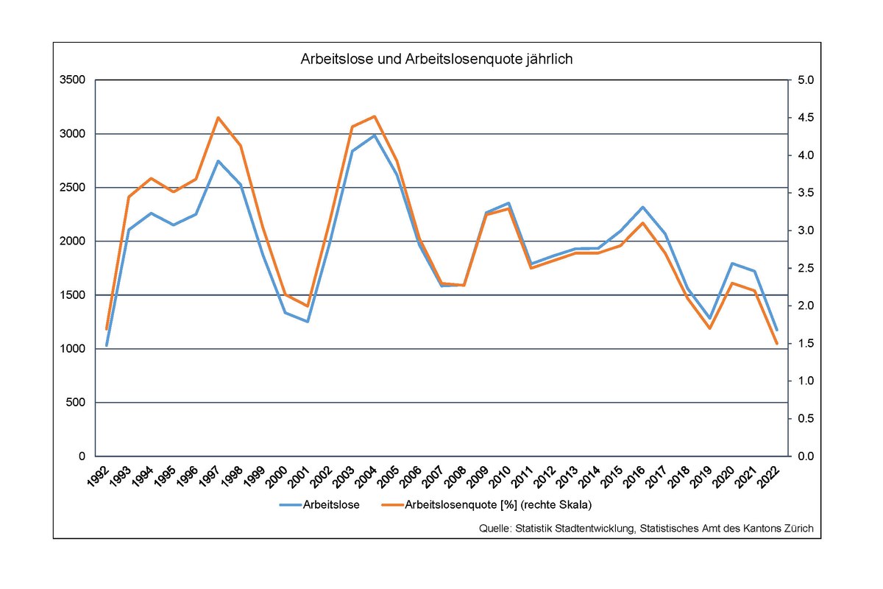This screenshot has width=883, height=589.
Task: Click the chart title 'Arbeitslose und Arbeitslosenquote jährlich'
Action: coord(436,60)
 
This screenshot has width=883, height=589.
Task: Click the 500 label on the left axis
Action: coord(76,403)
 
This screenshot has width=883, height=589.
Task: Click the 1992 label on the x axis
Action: coord(101,472)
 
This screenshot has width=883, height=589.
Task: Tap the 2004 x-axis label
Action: coord(369,472)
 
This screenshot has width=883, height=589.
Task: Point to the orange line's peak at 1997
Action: coord(219,118)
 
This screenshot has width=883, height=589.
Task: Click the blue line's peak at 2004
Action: coord(375,135)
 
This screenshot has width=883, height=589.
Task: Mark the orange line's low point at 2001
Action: coord(308,306)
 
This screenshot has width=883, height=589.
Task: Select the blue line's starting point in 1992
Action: coord(107,345)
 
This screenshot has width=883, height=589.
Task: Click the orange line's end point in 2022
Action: coord(776,343)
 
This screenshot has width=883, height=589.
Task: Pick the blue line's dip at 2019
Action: coord(709,318)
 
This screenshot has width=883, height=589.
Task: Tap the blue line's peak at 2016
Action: coord(642,208)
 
